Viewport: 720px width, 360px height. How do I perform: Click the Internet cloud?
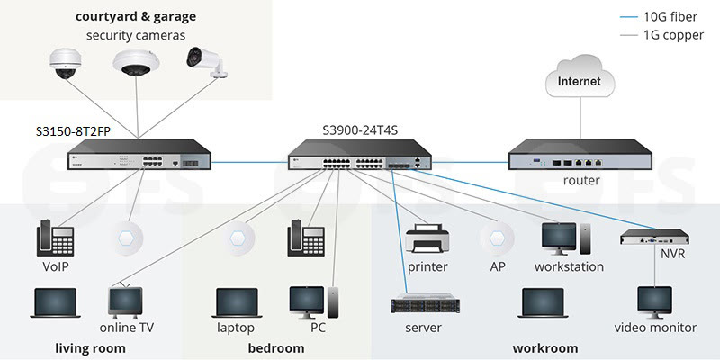pyautogui.click(x=580, y=82)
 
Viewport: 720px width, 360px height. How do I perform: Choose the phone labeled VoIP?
pyautogui.click(x=53, y=240)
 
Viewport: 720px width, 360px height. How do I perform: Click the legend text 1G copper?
pyautogui.click(x=676, y=35)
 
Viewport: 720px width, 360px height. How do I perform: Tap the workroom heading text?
pyautogui.click(x=544, y=347)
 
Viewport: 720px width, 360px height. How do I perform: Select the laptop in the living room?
pyautogui.click(x=54, y=304)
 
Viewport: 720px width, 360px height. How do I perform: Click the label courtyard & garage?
pyautogui.click(x=136, y=16)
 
